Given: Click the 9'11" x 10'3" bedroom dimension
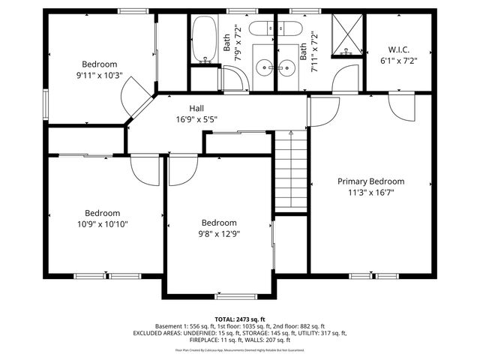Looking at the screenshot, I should [x=99, y=75].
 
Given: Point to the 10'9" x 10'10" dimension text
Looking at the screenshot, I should [x=102, y=223].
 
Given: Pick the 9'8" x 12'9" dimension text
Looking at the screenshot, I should [x=218, y=233].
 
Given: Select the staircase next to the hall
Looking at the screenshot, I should [x=290, y=170].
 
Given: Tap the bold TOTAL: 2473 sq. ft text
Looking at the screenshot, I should [x=240, y=319].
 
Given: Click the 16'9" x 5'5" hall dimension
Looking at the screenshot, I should [x=196, y=119].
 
